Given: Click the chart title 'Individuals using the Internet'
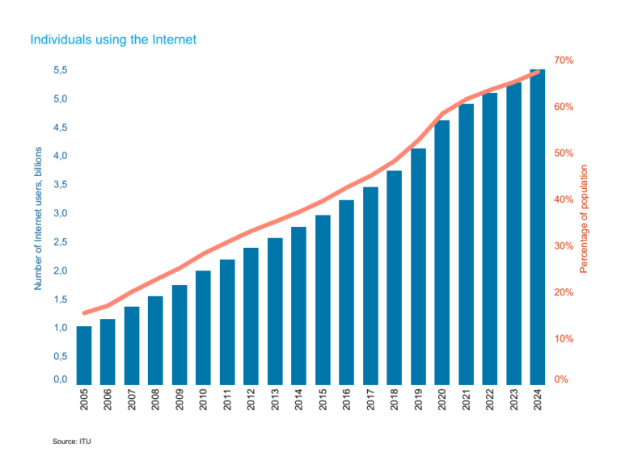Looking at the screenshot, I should (x=112, y=39).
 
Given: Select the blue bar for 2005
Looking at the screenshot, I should (x=83, y=355).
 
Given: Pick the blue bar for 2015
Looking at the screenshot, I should (x=323, y=300).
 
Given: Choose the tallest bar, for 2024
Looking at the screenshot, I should (x=537, y=227).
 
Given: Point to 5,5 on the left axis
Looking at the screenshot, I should (x=60, y=71).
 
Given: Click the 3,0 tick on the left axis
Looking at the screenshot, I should (x=60, y=213).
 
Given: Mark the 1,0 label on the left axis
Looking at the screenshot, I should (x=60, y=328).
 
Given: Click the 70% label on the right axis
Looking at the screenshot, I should (x=564, y=61).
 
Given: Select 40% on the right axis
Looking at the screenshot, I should (x=564, y=199).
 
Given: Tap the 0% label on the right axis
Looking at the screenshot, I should (x=561, y=379).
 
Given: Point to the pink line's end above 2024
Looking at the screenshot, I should (x=539, y=73).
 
